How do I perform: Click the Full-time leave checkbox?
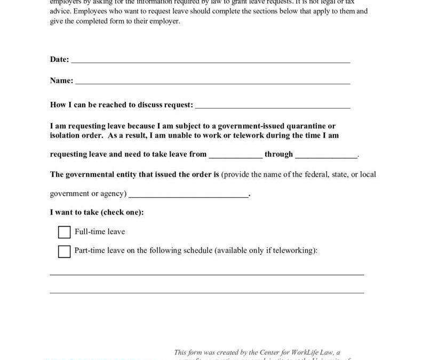click(x=64, y=232)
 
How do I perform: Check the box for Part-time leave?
click(x=64, y=251)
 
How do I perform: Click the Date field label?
click(x=59, y=60)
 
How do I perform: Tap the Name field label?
click(x=61, y=81)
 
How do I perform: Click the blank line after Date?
click(x=211, y=61)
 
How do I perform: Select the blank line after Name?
click(x=212, y=82)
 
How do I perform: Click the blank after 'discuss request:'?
click(x=273, y=106)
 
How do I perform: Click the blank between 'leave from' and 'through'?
click(x=235, y=156)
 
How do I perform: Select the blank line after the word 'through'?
click(x=326, y=156)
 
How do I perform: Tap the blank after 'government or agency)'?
click(x=188, y=195)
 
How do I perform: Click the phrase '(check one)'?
click(x=121, y=212)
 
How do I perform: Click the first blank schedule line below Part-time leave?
click(x=207, y=273)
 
